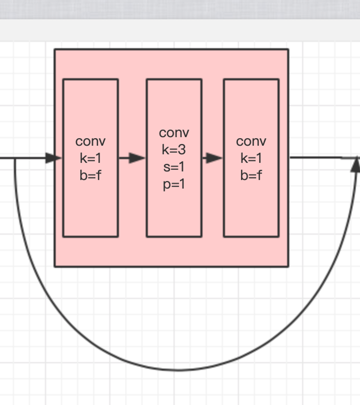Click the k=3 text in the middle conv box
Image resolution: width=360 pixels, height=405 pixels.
pyautogui.click(x=174, y=150)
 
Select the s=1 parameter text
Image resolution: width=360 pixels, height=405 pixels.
pyautogui.click(x=174, y=167)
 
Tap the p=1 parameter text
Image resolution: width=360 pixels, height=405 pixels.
pyautogui.click(x=174, y=184)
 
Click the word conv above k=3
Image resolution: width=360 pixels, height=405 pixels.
pyautogui.click(x=174, y=133)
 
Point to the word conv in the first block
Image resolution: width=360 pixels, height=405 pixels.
pyautogui.click(x=90, y=141)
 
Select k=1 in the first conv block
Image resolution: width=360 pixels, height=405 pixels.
pyautogui.click(x=90, y=158)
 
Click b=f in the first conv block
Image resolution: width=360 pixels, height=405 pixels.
pyautogui.click(x=90, y=176)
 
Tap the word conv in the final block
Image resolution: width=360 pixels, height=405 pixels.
pyautogui.click(x=251, y=141)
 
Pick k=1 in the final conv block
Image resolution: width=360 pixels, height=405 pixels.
pyautogui.click(x=251, y=158)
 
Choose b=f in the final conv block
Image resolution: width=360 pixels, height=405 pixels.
pyautogui.click(x=251, y=176)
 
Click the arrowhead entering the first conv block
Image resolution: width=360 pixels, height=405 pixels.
pyautogui.click(x=54, y=158)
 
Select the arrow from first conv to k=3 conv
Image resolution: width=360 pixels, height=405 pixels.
pyautogui.click(x=132, y=158)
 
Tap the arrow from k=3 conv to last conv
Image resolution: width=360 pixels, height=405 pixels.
pyautogui.click(x=213, y=158)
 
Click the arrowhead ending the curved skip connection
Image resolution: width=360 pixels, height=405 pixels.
pyautogui.click(x=356, y=165)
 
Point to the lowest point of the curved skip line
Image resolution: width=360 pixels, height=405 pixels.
pyautogui.click(x=179, y=370)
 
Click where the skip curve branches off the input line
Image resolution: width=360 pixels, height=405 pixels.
pyautogui.click(x=15, y=158)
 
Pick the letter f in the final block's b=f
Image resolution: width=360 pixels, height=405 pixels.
pyautogui.click(x=259, y=176)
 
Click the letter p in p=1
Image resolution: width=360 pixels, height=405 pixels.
pyautogui.click(x=167, y=185)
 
